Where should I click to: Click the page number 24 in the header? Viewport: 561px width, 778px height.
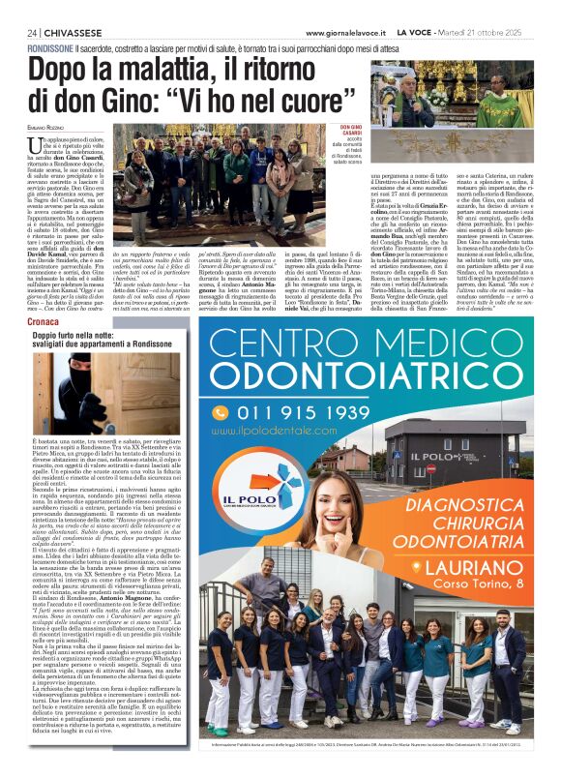point(33,33)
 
